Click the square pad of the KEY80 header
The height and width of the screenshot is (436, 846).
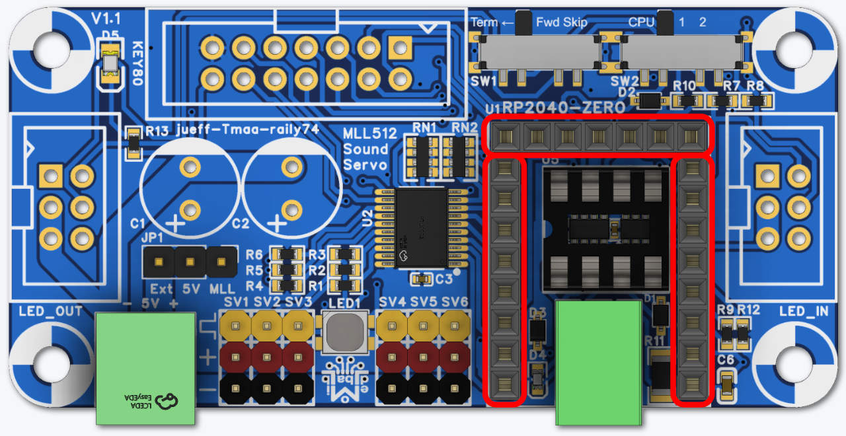[401, 48]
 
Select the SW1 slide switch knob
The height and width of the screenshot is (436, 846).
[524, 23]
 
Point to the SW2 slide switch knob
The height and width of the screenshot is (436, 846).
[666, 24]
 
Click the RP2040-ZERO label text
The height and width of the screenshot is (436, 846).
[564, 107]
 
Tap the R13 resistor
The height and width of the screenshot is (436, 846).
[134, 143]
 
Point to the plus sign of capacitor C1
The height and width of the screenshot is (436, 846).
[175, 223]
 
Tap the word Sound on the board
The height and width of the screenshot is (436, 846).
[365, 149]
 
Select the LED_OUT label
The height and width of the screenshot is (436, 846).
[51, 311]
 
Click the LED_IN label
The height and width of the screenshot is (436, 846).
[803, 311]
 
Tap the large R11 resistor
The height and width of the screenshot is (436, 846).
[661, 375]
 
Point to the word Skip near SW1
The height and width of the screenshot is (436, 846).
[575, 22]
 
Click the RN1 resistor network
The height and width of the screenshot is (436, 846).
[420, 156]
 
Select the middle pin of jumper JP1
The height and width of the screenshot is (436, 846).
[190, 262]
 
